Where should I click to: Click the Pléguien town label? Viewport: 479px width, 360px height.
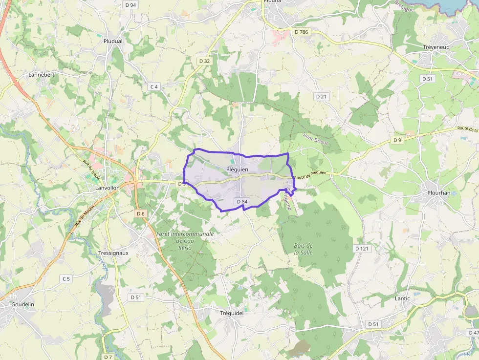(238, 169)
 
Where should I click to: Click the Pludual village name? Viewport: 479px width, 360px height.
(113, 42)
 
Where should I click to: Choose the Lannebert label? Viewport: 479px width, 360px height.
(42, 75)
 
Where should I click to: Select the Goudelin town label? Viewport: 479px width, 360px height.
(23, 304)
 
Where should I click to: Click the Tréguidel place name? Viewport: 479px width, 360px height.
(232, 313)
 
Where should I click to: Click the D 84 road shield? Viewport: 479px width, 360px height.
(242, 202)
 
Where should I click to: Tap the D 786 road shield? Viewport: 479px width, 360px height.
(302, 32)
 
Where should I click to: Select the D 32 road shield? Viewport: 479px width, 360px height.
(205, 61)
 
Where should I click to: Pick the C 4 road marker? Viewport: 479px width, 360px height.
(154, 86)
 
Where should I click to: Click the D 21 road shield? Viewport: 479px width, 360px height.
(321, 97)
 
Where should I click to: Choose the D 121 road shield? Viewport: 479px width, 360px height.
(361, 249)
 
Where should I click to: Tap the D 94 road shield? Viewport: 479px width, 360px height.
(131, 5)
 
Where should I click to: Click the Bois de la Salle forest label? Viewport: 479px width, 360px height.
(304, 249)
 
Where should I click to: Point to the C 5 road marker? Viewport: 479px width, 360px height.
(66, 278)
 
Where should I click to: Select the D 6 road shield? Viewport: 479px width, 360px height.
(141, 213)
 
